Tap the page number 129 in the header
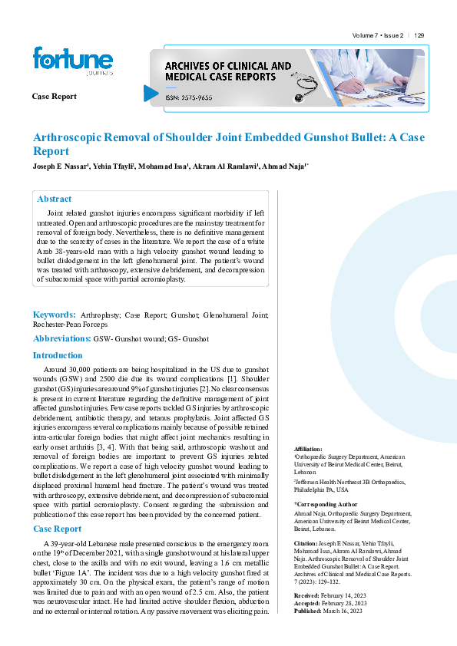coord(419,36)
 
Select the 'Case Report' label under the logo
coord(54,96)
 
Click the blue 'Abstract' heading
coord(54,199)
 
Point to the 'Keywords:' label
coord(54,315)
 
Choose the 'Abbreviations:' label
coord(61,338)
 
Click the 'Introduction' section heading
coord(57,355)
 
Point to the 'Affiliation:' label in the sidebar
coord(308,449)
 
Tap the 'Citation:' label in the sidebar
coord(306,542)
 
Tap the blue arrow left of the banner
coord(151,93)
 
